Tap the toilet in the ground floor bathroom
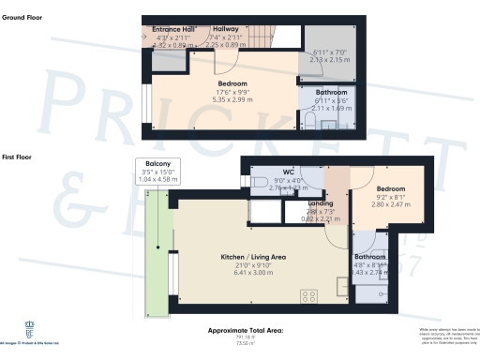(308, 123)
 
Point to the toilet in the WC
(259, 180)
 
